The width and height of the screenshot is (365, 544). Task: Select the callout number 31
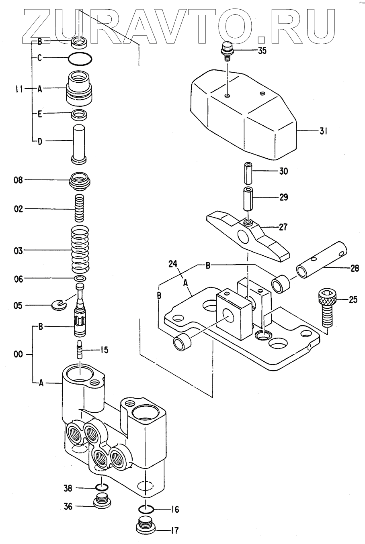pyautogui.click(x=324, y=131)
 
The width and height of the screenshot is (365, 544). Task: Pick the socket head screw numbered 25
pyautogui.click(x=326, y=308)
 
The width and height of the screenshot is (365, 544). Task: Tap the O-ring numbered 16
pyautogui.click(x=146, y=509)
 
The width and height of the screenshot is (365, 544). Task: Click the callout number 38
pyautogui.click(x=68, y=489)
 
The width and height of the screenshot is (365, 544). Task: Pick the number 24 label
pyautogui.click(x=173, y=264)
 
